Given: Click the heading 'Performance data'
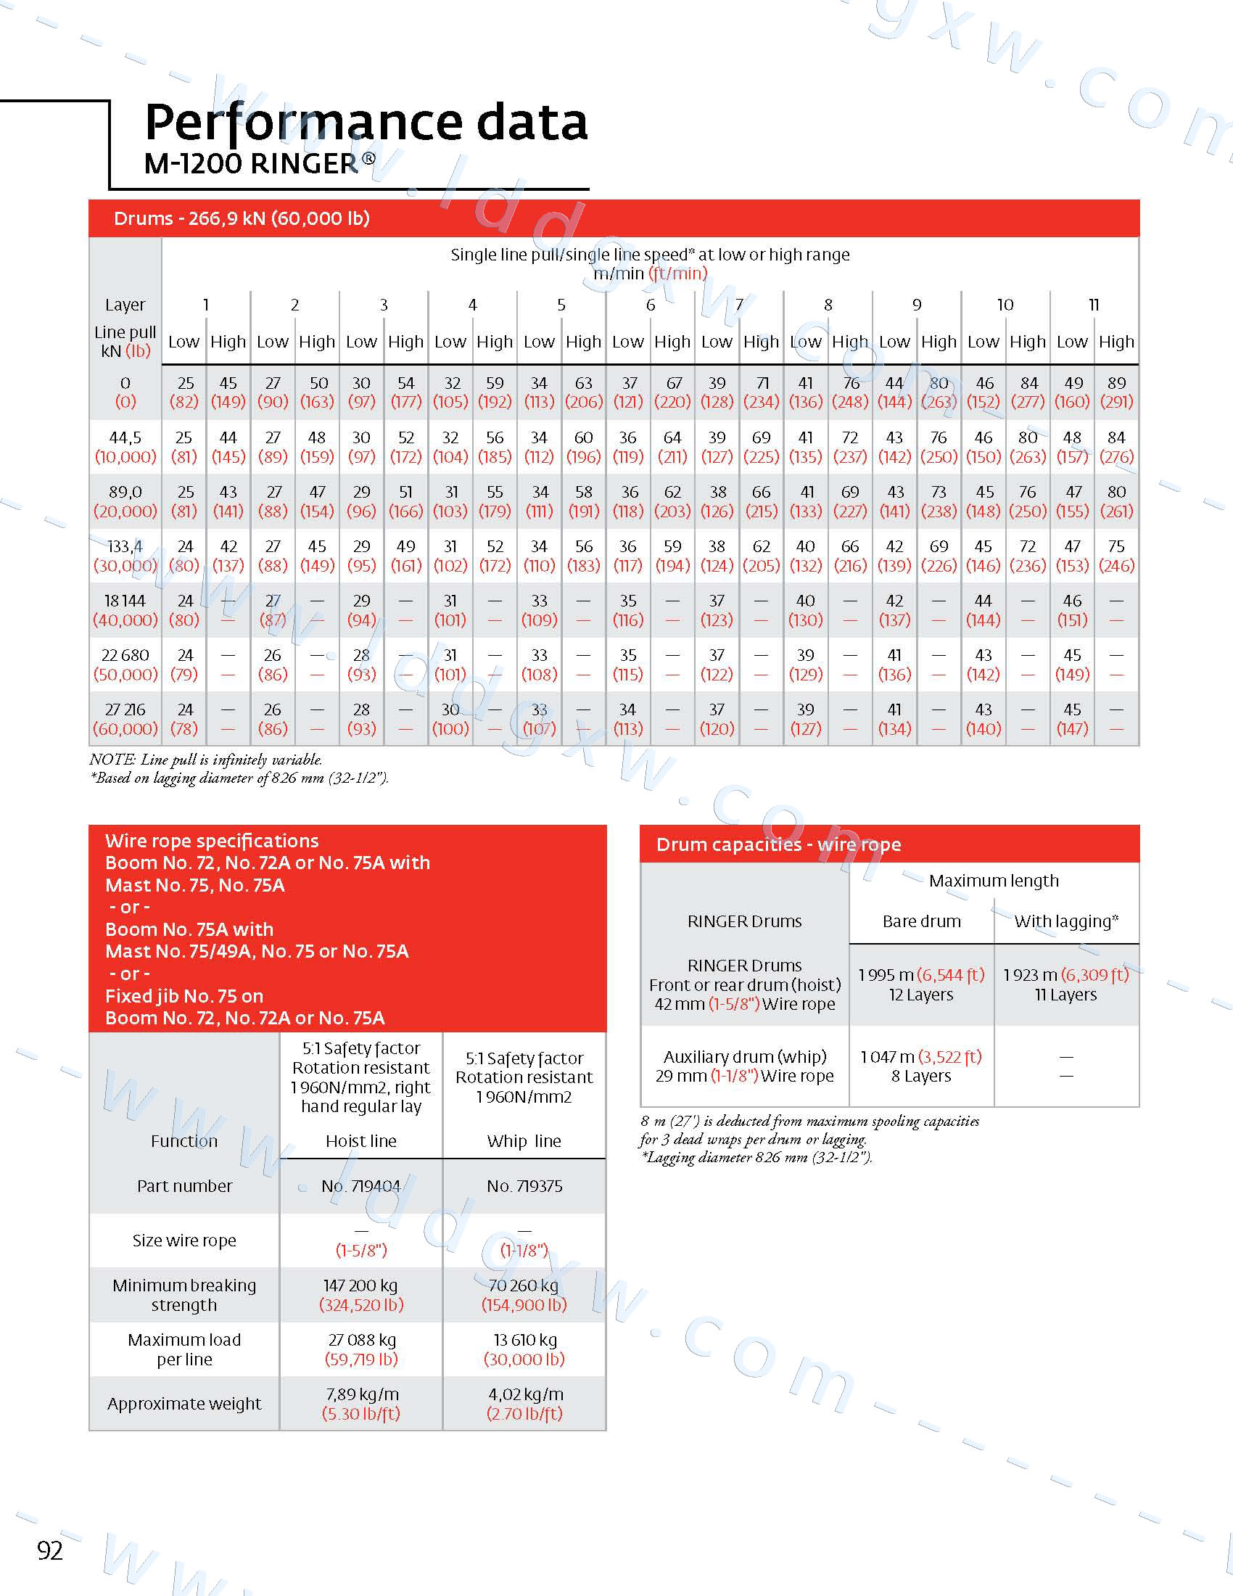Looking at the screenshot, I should point(366,122).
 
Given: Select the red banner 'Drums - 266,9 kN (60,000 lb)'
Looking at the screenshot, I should point(242,218).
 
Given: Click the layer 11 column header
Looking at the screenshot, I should point(1094,305).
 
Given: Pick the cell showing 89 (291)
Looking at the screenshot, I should point(1116,392).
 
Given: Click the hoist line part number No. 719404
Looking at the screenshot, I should point(361,1186).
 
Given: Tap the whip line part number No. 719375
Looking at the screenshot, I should point(524,1186).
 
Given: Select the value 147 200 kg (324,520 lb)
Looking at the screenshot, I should point(361,1295).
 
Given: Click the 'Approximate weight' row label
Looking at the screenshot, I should point(184,1404).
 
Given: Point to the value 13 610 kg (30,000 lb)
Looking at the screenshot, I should point(524,1350).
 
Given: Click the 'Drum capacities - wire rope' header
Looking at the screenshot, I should point(779,844).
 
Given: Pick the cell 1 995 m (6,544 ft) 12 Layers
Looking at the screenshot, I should point(921,984).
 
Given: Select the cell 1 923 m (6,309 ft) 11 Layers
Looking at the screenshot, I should point(1065,984).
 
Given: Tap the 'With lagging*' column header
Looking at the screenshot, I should point(1065,921).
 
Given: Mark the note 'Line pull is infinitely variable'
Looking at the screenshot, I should point(206,760).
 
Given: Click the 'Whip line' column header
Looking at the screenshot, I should point(524,1141).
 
